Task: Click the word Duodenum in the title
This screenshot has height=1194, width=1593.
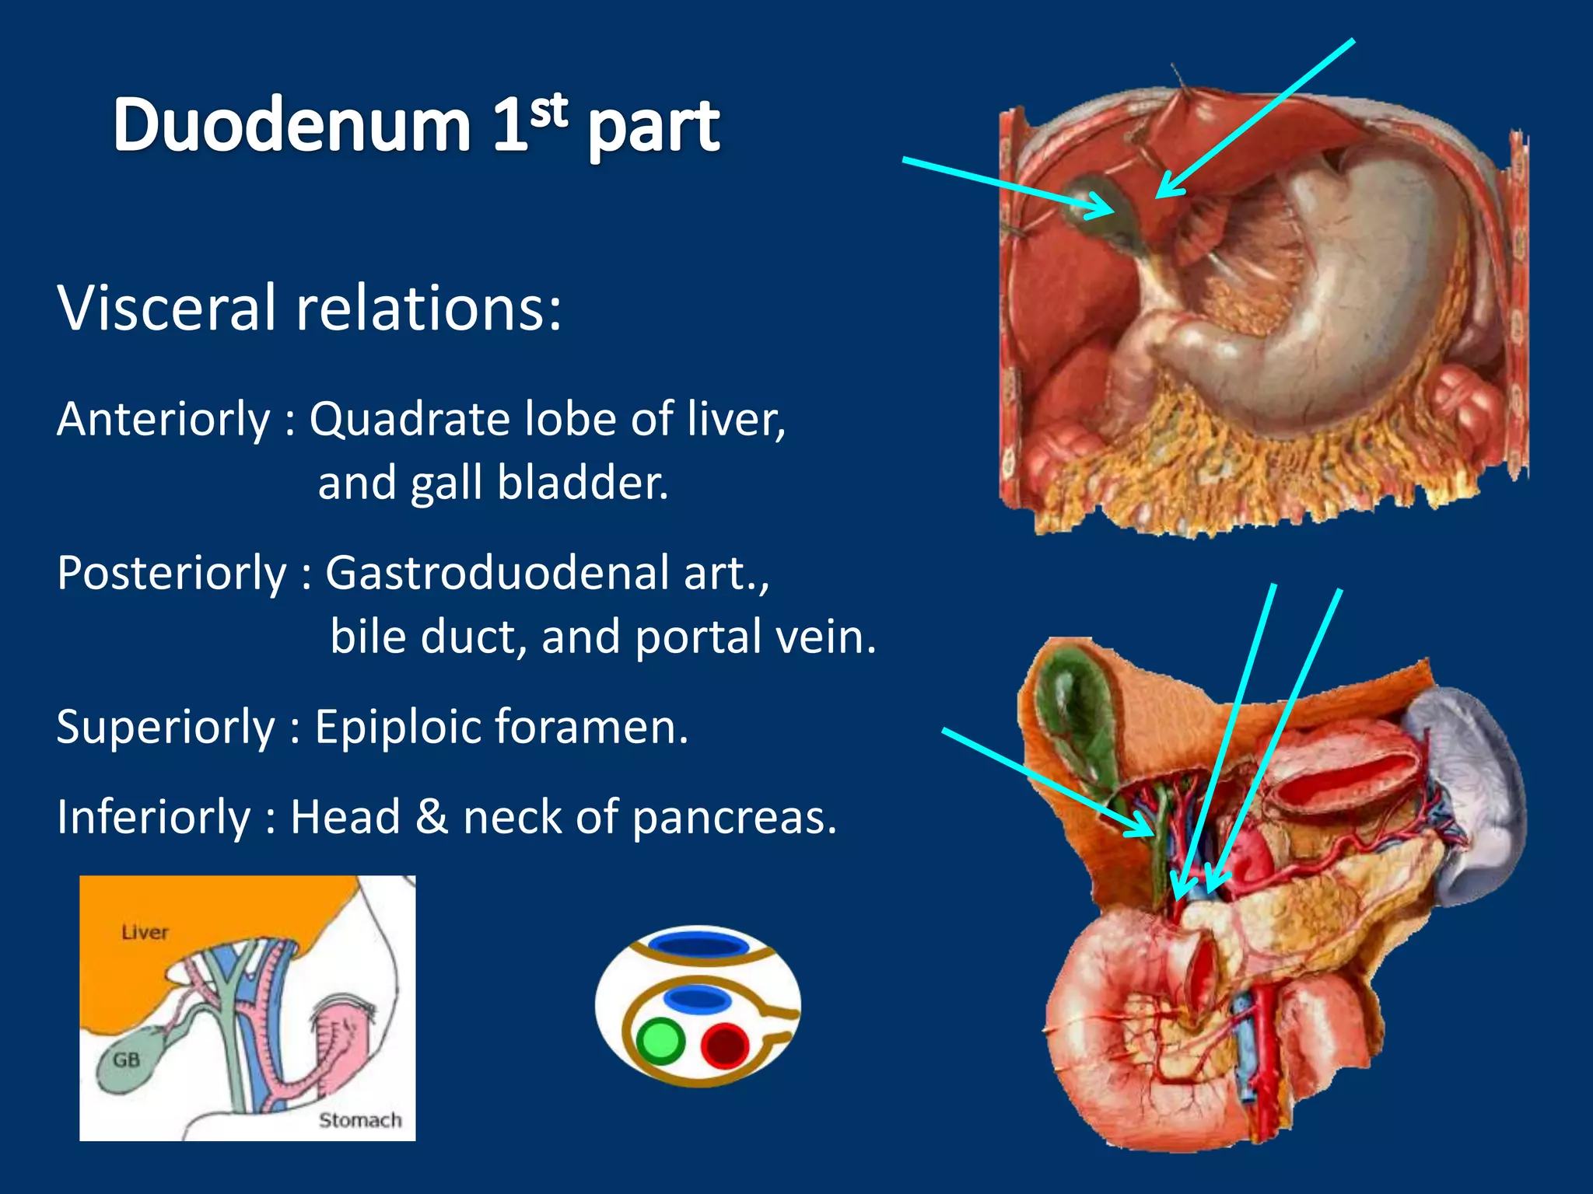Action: (292, 125)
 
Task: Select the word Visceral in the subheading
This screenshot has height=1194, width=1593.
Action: (166, 308)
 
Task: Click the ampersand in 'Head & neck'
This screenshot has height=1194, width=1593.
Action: (431, 817)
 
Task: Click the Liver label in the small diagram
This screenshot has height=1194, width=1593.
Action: (145, 932)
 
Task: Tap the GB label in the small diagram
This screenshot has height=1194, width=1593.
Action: (126, 1060)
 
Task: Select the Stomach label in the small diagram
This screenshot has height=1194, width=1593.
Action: (360, 1120)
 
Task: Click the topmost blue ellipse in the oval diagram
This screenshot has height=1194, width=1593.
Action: (698, 945)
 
